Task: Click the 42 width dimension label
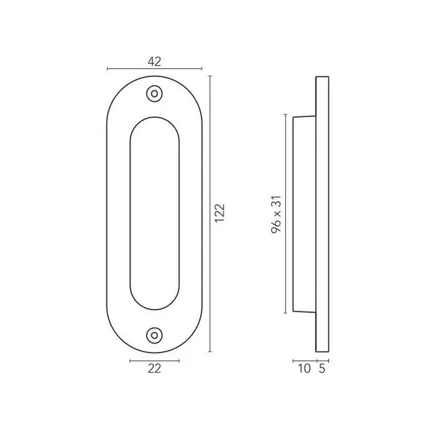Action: pyautogui.click(x=154, y=62)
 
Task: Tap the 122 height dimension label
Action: pyautogui.click(x=220, y=213)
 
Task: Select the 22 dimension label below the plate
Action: pyautogui.click(x=154, y=369)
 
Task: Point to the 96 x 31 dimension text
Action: pyautogui.click(x=277, y=214)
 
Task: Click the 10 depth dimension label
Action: pyautogui.click(x=304, y=369)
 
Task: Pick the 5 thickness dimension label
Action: pyautogui.click(x=322, y=369)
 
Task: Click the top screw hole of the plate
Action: pyautogui.click(x=154, y=94)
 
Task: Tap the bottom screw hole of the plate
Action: pyautogui.click(x=154, y=336)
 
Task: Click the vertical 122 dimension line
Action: pyautogui.click(x=210, y=214)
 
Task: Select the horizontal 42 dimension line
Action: pyautogui.click(x=155, y=69)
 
